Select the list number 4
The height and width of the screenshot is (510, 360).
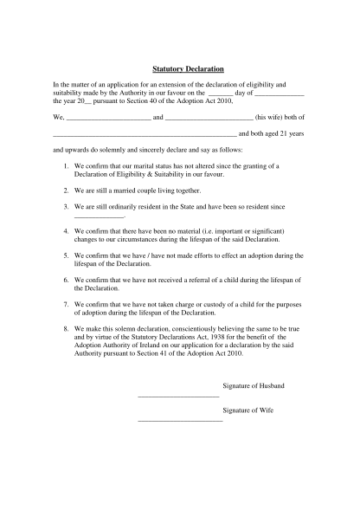point(66,233)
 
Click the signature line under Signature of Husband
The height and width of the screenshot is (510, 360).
point(178,396)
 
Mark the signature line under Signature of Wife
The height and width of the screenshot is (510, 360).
point(180,420)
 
